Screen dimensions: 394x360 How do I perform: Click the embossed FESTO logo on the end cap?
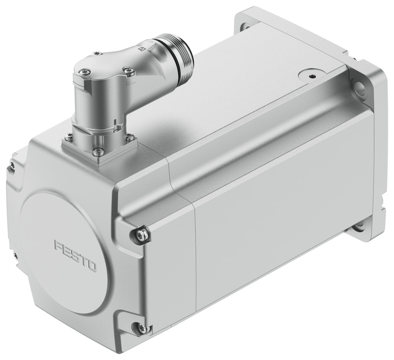(76, 255)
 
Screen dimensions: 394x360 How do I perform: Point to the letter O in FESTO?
(92, 266)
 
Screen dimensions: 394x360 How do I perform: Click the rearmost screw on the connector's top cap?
(98, 53)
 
